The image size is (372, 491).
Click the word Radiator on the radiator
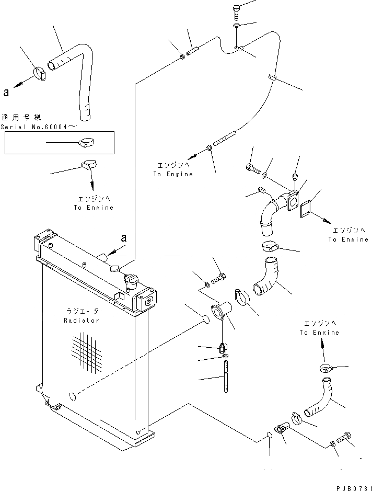click(x=82, y=321)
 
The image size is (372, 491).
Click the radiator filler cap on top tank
click(x=132, y=281)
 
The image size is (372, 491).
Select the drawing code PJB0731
click(x=354, y=488)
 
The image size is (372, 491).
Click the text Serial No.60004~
click(x=39, y=127)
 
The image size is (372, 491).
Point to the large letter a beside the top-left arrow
click(x=6, y=93)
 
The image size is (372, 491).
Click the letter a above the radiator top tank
click(x=124, y=238)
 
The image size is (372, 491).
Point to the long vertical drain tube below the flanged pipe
click(x=226, y=376)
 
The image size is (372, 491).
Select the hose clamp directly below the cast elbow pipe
click(x=271, y=246)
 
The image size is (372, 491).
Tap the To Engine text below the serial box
click(x=94, y=207)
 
